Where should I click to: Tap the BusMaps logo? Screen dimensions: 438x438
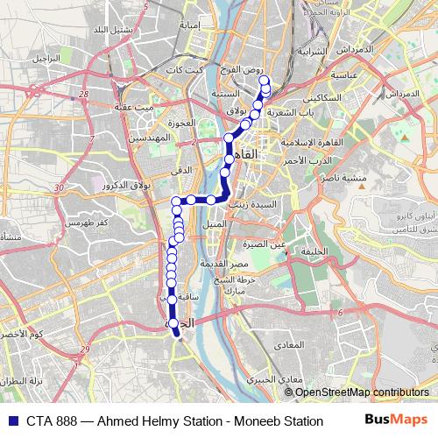coord(397,420)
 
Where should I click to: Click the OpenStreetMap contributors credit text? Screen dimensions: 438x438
coord(357,392)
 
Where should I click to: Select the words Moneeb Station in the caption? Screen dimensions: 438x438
coord(279,420)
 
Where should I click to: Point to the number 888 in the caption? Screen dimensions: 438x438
coord(67,420)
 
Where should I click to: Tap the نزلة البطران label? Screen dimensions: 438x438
coord(22,382)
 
